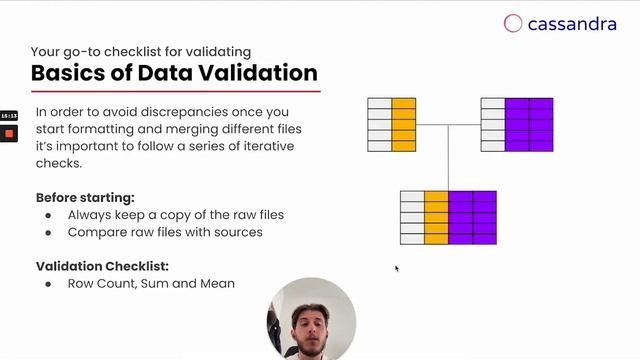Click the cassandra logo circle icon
(x=513, y=23)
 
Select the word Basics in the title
(x=66, y=73)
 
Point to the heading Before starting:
(x=85, y=197)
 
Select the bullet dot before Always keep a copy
(x=49, y=215)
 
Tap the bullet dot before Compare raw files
(x=49, y=232)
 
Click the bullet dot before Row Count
(x=49, y=284)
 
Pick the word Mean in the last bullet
(x=217, y=284)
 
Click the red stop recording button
(x=9, y=133)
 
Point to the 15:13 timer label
(x=9, y=116)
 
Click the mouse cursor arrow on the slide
(x=396, y=267)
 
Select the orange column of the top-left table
(x=403, y=124)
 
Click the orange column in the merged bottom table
(x=436, y=217)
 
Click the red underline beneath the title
(x=175, y=92)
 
